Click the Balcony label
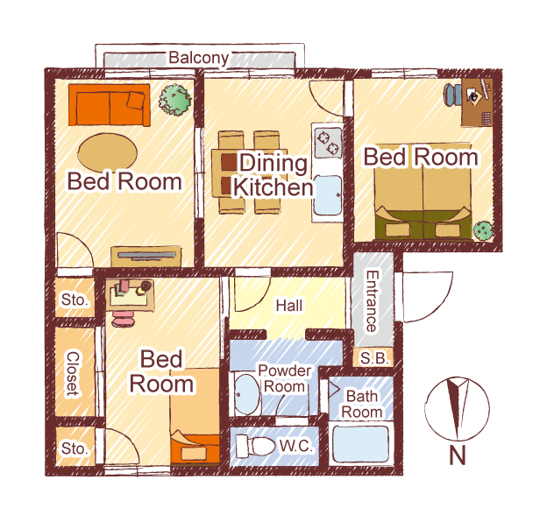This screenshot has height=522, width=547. tap(199, 58)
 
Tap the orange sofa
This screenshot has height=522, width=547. tap(110, 104)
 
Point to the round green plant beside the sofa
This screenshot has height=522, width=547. tap(175, 100)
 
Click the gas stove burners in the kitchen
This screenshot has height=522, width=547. tap(328, 143)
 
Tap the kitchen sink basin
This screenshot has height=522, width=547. tap(328, 195)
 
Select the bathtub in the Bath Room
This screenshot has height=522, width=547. tap(360, 444)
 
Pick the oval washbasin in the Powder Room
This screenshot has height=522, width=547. tap(246, 394)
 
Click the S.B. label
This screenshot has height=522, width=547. tap(374, 358)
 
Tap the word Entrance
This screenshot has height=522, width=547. tap(372, 301)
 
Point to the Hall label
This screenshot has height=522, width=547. tap(289, 306)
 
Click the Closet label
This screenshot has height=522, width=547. tap(73, 374)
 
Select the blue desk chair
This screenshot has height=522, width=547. tap(452, 95)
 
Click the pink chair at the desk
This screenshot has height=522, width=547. tap(123, 319)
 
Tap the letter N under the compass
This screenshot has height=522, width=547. tap(458, 455)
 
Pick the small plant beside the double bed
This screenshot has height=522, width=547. tap(483, 230)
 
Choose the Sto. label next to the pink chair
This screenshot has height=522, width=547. tap(74, 300)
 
